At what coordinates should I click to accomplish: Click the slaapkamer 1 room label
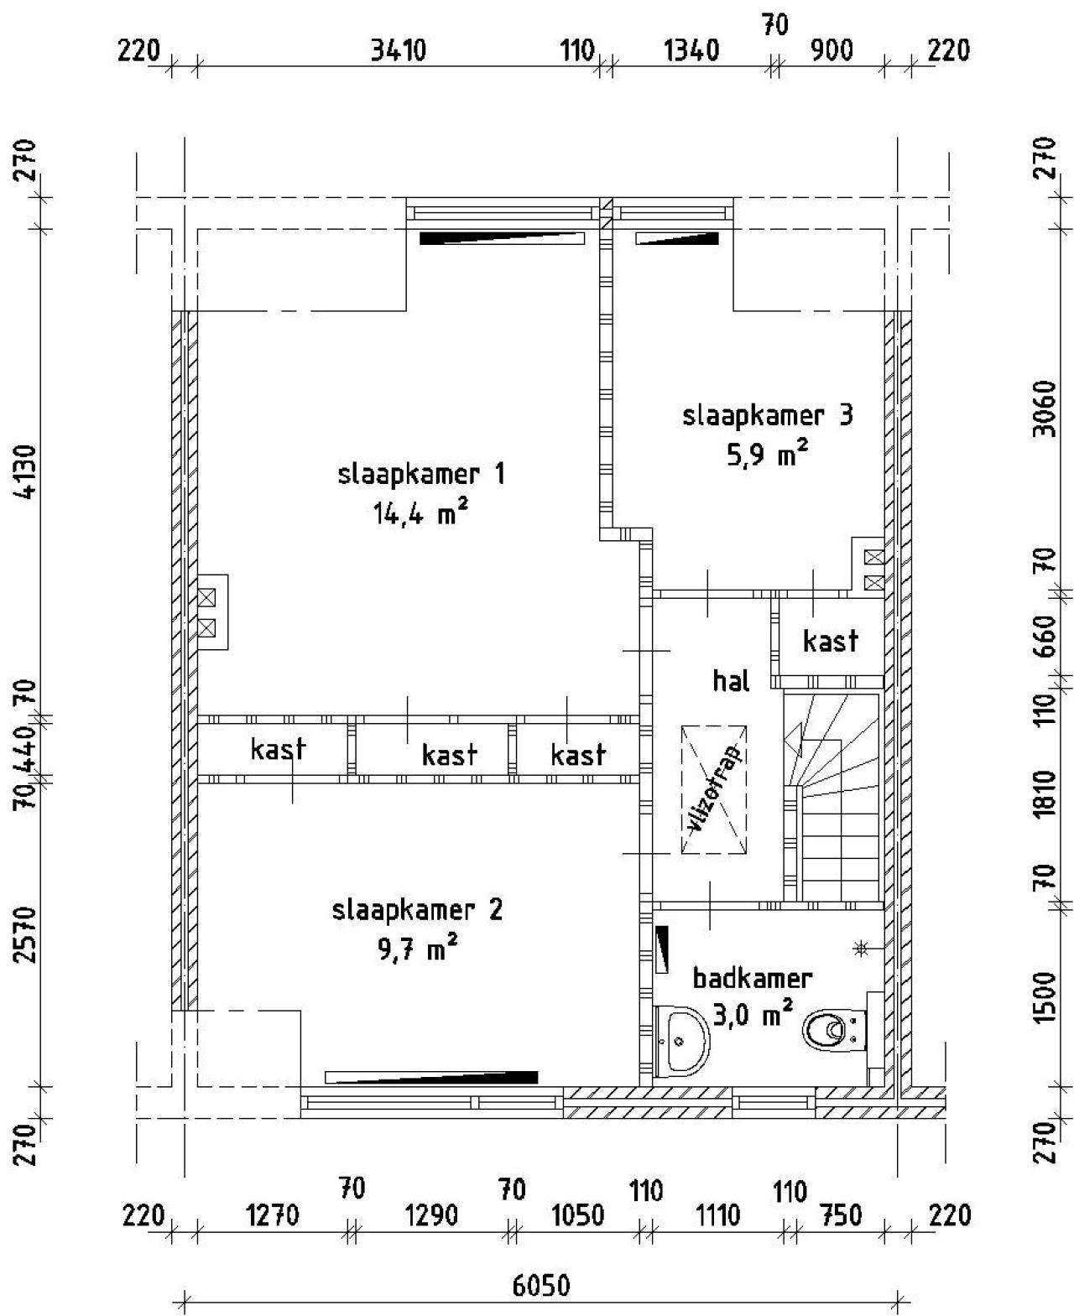pyautogui.click(x=421, y=475)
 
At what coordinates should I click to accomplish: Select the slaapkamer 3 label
pyautogui.click(x=768, y=416)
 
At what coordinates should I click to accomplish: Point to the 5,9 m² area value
pyautogui.click(x=768, y=455)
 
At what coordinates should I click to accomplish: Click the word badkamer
pyautogui.click(x=753, y=978)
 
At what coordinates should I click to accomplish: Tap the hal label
pyautogui.click(x=731, y=681)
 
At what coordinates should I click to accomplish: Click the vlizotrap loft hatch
pyautogui.click(x=714, y=789)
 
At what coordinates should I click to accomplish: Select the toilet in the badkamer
pyautogui.click(x=833, y=1029)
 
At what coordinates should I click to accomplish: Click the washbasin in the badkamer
pyautogui.click(x=681, y=1039)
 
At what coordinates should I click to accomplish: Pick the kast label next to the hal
pyautogui.click(x=831, y=641)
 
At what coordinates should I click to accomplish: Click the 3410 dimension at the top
pyautogui.click(x=399, y=50)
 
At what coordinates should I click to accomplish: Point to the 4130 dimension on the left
pyautogui.click(x=27, y=471)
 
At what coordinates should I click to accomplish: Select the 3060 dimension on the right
pyautogui.click(x=1045, y=408)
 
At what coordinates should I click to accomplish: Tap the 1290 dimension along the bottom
pyautogui.click(x=431, y=1215)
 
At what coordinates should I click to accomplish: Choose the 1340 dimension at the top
pyautogui.click(x=691, y=50)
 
